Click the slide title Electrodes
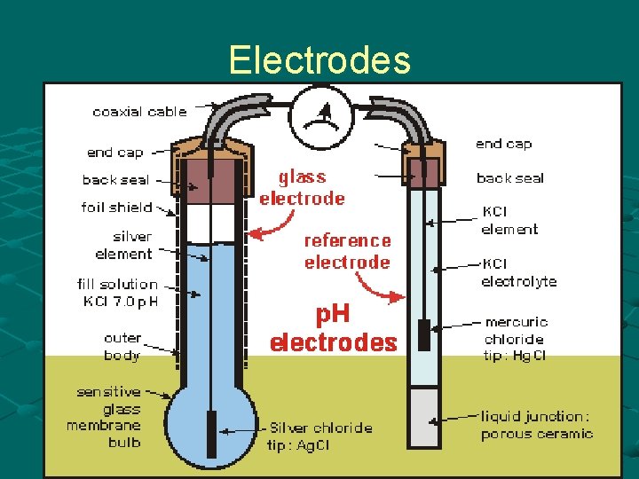point(319,60)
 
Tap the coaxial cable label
point(140,112)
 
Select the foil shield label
point(117,208)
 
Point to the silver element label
point(123,245)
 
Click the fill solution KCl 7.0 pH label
point(117,293)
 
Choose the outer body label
point(122,347)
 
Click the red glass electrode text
point(302,188)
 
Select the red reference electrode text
point(347,251)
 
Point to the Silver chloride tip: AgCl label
point(321,436)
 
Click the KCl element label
point(509,221)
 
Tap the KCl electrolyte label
point(518,272)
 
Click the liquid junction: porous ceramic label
point(536,425)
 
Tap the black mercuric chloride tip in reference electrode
point(424,334)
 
